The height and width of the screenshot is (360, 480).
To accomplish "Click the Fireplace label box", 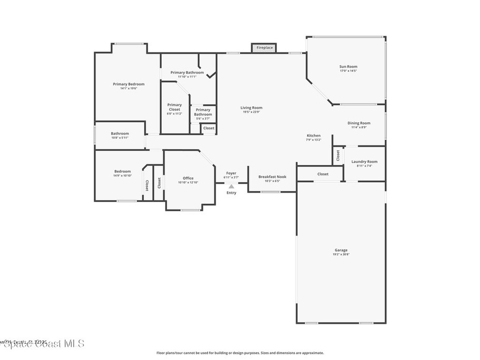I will (264, 48).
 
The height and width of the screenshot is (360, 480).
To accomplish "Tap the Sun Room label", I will (348, 67).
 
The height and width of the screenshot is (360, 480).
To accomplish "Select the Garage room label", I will (341, 250).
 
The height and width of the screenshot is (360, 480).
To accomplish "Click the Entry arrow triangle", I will (231, 186).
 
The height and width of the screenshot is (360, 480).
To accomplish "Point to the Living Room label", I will (251, 108).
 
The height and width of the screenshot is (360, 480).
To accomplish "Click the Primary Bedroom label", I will (128, 84).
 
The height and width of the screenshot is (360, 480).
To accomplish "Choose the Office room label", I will (188, 178).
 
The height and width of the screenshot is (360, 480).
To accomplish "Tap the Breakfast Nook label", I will (272, 177).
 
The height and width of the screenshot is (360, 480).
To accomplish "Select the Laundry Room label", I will (364, 162).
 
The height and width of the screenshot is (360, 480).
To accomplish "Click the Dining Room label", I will (359, 123).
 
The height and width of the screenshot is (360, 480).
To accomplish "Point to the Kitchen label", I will (314, 135).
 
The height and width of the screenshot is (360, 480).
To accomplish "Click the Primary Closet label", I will (174, 107).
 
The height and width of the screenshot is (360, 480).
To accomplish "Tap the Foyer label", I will (231, 173).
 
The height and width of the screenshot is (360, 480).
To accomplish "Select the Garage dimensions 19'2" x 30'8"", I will (341, 255).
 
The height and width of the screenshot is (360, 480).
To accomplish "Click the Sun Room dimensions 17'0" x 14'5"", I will (348, 71).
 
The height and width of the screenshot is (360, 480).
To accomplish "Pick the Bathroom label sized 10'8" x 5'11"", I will (120, 134).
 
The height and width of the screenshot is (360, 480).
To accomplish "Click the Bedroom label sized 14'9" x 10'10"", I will (122, 172).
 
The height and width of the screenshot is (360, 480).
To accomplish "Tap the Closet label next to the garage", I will (322, 174).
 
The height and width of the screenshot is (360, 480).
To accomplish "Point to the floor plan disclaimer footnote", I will (240, 353).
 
